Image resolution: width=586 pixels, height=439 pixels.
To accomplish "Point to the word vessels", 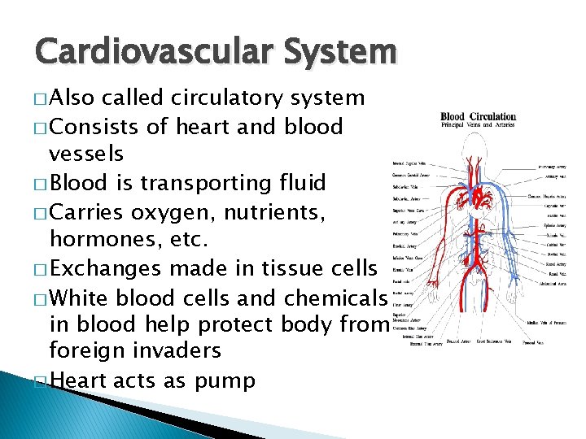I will [x=86, y=154].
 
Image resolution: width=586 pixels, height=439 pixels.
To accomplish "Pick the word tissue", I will [x=290, y=267].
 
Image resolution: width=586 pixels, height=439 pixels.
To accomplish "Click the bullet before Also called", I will [x=41, y=99].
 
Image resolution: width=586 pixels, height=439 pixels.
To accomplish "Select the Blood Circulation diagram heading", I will [x=478, y=115].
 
